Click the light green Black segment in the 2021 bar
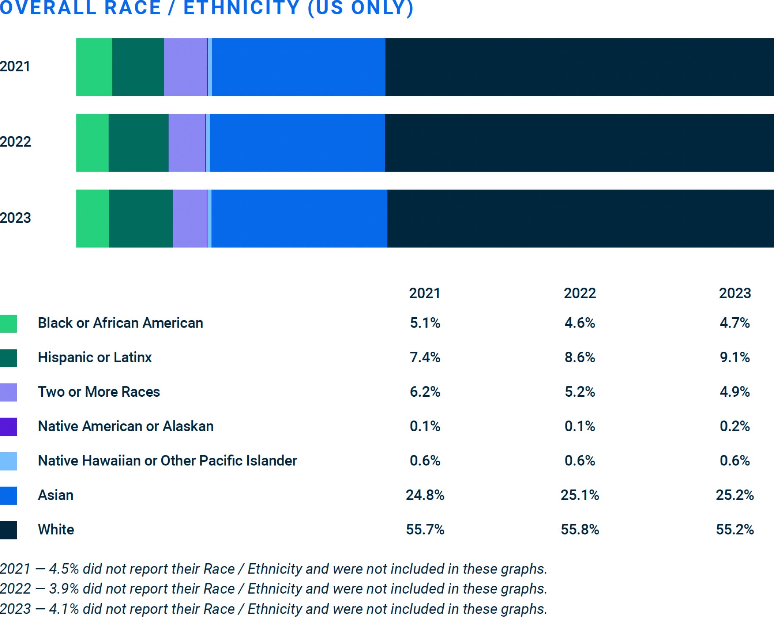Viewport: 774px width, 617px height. pyautogui.click(x=94, y=67)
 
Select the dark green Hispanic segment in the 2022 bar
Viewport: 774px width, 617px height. pyautogui.click(x=138, y=143)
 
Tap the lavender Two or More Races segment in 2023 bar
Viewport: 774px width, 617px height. pyautogui.click(x=190, y=218)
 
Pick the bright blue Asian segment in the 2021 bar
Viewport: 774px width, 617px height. pyautogui.click(x=298, y=67)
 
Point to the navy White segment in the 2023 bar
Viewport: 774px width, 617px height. pyautogui.click(x=580, y=218)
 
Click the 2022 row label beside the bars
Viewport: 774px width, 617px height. pyautogui.click(x=15, y=142)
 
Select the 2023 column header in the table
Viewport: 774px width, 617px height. pyautogui.click(x=734, y=293)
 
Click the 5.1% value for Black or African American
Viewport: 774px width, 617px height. pyautogui.click(x=425, y=323)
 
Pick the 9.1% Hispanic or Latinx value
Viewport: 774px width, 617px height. pyautogui.click(x=734, y=358)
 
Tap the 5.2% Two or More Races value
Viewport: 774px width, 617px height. pyautogui.click(x=580, y=392)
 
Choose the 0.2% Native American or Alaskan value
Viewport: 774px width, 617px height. pyautogui.click(x=734, y=426)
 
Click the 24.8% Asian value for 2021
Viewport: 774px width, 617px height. pyautogui.click(x=425, y=495)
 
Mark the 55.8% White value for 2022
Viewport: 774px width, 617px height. pyautogui.click(x=580, y=530)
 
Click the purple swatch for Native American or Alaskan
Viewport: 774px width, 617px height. pyautogui.click(x=8, y=427)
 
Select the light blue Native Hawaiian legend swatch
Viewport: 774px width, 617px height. pyautogui.click(x=8, y=461)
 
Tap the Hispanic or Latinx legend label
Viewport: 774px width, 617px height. pyautogui.click(x=95, y=358)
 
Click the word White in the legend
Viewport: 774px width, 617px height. pyautogui.click(x=56, y=530)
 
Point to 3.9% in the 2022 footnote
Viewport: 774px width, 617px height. pyautogui.click(x=64, y=589)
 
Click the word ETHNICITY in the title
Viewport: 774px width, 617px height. pyautogui.click(x=242, y=8)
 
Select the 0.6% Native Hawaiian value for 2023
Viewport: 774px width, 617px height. pyautogui.click(x=734, y=461)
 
